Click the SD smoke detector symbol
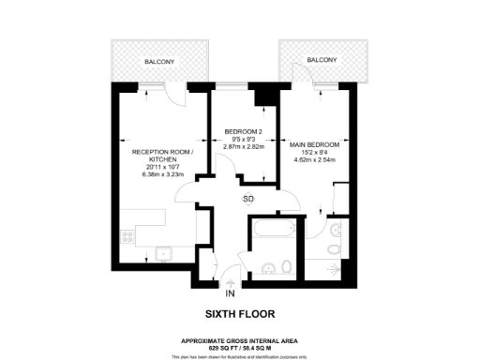click(x=248, y=200)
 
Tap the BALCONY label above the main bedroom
click(x=322, y=59)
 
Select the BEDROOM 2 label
click(x=242, y=130)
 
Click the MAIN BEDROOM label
click(x=316, y=144)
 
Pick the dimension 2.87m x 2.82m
click(x=242, y=148)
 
